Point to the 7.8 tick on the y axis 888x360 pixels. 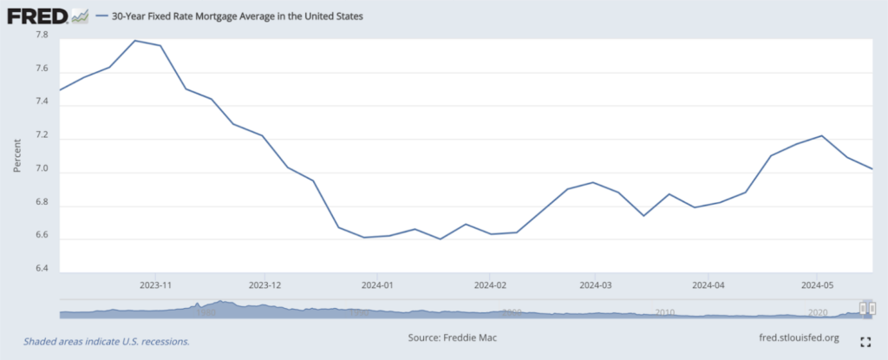click(x=41, y=36)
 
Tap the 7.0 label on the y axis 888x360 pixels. click(x=41, y=172)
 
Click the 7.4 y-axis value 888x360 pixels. click(x=41, y=104)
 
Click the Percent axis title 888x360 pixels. click(x=17, y=154)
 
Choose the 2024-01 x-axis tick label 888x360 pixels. click(x=377, y=285)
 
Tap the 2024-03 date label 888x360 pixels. click(x=597, y=285)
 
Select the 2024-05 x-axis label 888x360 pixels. click(x=816, y=285)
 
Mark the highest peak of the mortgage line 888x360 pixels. click(x=135, y=41)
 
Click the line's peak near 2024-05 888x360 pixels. click(x=821, y=135)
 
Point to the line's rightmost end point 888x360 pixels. click(x=872, y=168)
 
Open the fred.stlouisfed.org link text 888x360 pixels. click(x=798, y=337)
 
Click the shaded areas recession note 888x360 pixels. click(x=107, y=342)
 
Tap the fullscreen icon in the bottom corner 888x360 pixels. click(x=864, y=342)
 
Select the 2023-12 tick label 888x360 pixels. click(x=265, y=285)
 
